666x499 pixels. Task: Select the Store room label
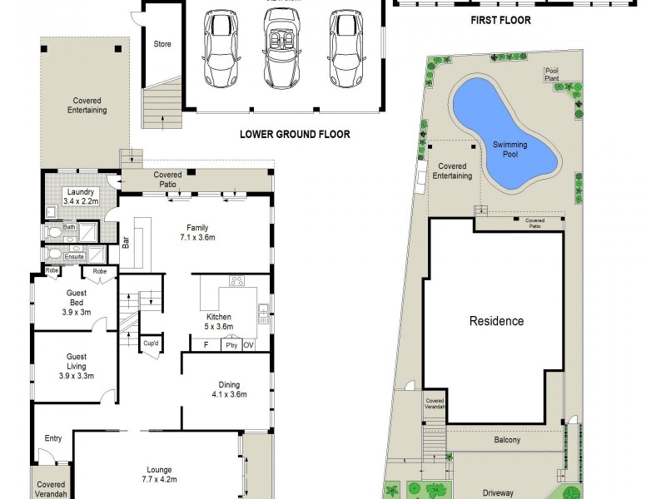click(x=162, y=44)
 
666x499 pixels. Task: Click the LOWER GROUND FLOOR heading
click(x=295, y=134)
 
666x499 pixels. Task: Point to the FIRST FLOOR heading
click(x=500, y=21)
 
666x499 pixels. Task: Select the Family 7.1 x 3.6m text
click(x=197, y=232)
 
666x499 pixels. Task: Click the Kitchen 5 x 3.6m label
click(x=219, y=321)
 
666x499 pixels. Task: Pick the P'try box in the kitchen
click(x=231, y=344)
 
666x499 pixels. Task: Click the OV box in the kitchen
click(x=248, y=344)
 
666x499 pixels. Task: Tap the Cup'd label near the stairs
click(x=151, y=343)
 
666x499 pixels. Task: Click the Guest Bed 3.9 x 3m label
click(x=76, y=302)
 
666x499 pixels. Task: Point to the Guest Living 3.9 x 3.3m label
click(x=76, y=366)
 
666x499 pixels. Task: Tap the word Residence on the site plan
click(x=496, y=321)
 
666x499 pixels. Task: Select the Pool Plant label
click(x=551, y=75)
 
